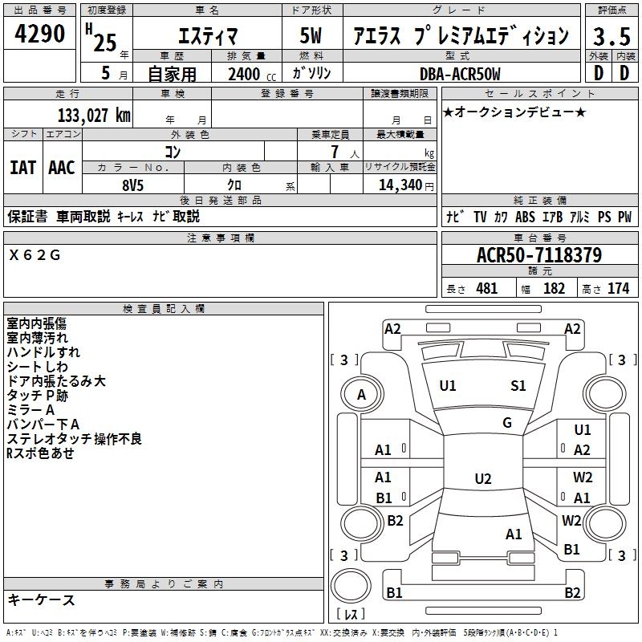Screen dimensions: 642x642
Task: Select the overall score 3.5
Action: point(612,36)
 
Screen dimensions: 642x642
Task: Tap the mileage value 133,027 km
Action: point(94,116)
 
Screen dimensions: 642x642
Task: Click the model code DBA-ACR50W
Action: point(459,74)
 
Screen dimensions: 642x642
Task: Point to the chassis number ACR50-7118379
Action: point(538,255)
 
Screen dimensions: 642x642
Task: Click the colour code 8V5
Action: point(133,184)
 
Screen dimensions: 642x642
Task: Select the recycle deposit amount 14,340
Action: point(396,185)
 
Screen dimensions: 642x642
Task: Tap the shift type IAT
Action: point(22,168)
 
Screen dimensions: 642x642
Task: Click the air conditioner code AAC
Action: point(62,168)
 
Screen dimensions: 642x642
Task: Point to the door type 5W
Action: point(311,36)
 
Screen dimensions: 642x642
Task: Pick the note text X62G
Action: point(35,255)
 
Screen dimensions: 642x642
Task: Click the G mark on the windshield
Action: point(506,423)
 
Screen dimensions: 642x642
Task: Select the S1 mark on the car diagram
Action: point(518,386)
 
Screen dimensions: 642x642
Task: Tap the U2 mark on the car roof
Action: point(482,479)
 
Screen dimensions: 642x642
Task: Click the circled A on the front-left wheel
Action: point(361,395)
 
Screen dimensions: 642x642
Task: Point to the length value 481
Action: point(486,288)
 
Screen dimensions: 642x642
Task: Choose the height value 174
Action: point(618,288)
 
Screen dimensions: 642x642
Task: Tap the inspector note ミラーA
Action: point(32,410)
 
